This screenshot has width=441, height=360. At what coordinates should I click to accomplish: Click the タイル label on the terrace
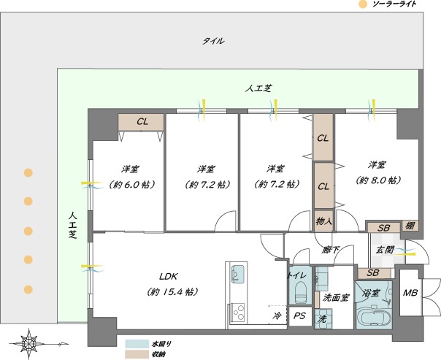pyautogui.click(x=214, y=41)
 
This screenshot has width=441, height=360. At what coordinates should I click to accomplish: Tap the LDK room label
pyautogui.click(x=169, y=277)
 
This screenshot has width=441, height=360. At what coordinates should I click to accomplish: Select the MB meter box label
pyautogui.click(x=410, y=293)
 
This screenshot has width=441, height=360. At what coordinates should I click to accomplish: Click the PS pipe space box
pyautogui.click(x=300, y=316)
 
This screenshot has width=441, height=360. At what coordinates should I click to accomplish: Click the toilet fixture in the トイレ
pyautogui.click(x=301, y=292)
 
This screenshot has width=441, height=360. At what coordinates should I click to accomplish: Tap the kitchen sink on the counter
pyautogui.click(x=237, y=274)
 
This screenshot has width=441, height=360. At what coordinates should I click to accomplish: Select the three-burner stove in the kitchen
pyautogui.click(x=237, y=313)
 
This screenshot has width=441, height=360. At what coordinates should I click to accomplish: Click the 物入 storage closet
pyautogui.click(x=323, y=221)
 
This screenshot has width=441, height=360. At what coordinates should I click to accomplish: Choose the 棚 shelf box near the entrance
pyautogui.click(x=410, y=226)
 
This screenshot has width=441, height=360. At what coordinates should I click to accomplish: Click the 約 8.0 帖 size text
pyautogui.click(x=378, y=180)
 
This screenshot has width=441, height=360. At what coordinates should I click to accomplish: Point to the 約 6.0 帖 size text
pyautogui.click(x=132, y=185)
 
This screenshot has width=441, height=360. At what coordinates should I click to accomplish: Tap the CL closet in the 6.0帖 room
pyautogui.click(x=141, y=122)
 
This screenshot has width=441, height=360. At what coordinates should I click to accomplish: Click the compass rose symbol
pyautogui.click(x=28, y=344)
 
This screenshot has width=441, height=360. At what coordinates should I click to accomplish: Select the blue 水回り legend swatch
pyautogui.click(x=137, y=344)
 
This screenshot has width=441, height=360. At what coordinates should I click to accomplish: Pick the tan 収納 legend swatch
pyautogui.click(x=137, y=354)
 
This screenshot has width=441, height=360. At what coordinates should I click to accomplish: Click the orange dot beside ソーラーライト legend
pyautogui.click(x=363, y=4)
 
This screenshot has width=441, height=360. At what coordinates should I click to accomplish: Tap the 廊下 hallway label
pyautogui.click(x=331, y=250)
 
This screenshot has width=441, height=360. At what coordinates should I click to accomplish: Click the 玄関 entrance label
pyautogui.click(x=386, y=250)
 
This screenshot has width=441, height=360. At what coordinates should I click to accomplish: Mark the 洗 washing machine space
pyautogui.click(x=322, y=319)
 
